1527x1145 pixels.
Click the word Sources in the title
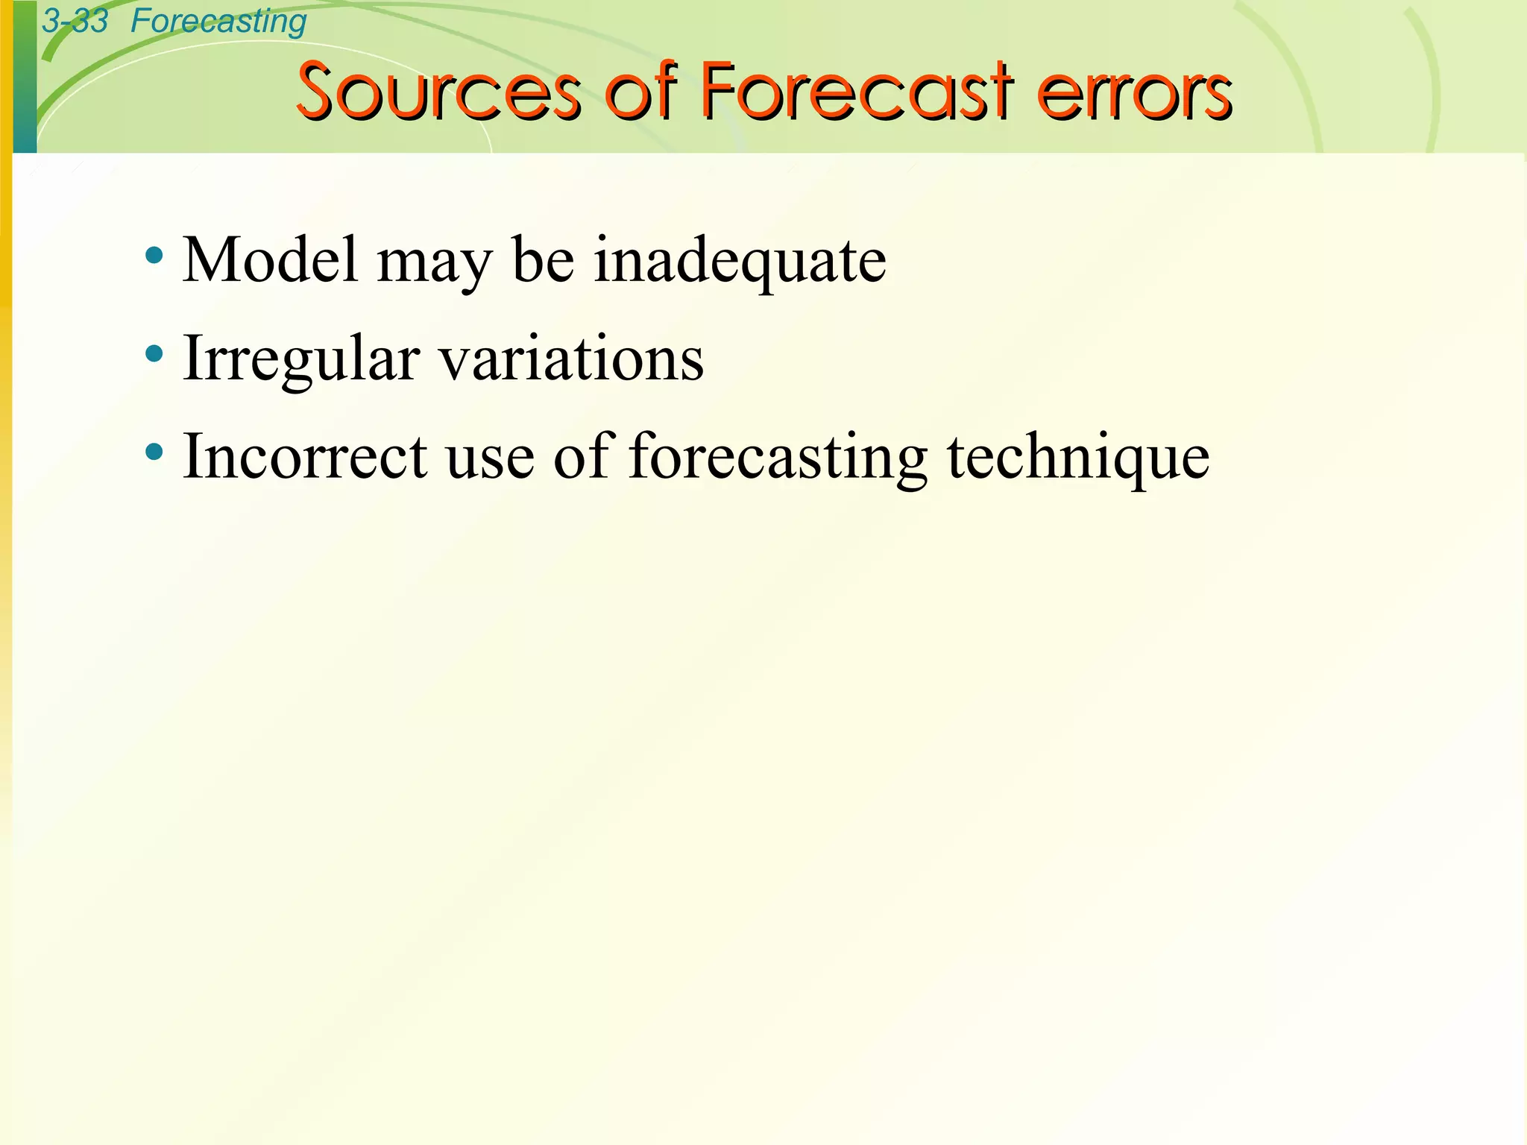[438, 92]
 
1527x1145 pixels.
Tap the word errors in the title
[1135, 92]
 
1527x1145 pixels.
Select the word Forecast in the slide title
[857, 92]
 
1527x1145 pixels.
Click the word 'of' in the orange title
[640, 92]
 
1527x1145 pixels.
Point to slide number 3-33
[75, 21]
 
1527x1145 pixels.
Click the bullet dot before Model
[154, 256]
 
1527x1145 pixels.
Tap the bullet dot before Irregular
[154, 354]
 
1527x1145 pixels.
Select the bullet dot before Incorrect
[154, 452]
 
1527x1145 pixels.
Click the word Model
[270, 260]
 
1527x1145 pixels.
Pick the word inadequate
[740, 262]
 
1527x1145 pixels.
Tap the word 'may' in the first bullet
[435, 265]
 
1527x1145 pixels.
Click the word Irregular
[301, 360]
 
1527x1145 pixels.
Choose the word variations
[571, 359]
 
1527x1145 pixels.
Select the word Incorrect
[305, 456]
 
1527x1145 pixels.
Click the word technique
[1078, 458]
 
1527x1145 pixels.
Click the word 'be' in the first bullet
[544, 260]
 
